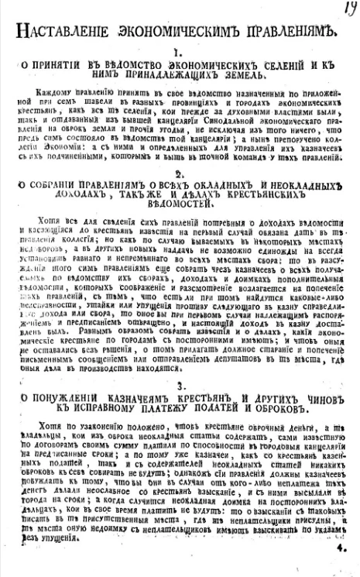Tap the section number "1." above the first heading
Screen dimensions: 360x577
point(177,53)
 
